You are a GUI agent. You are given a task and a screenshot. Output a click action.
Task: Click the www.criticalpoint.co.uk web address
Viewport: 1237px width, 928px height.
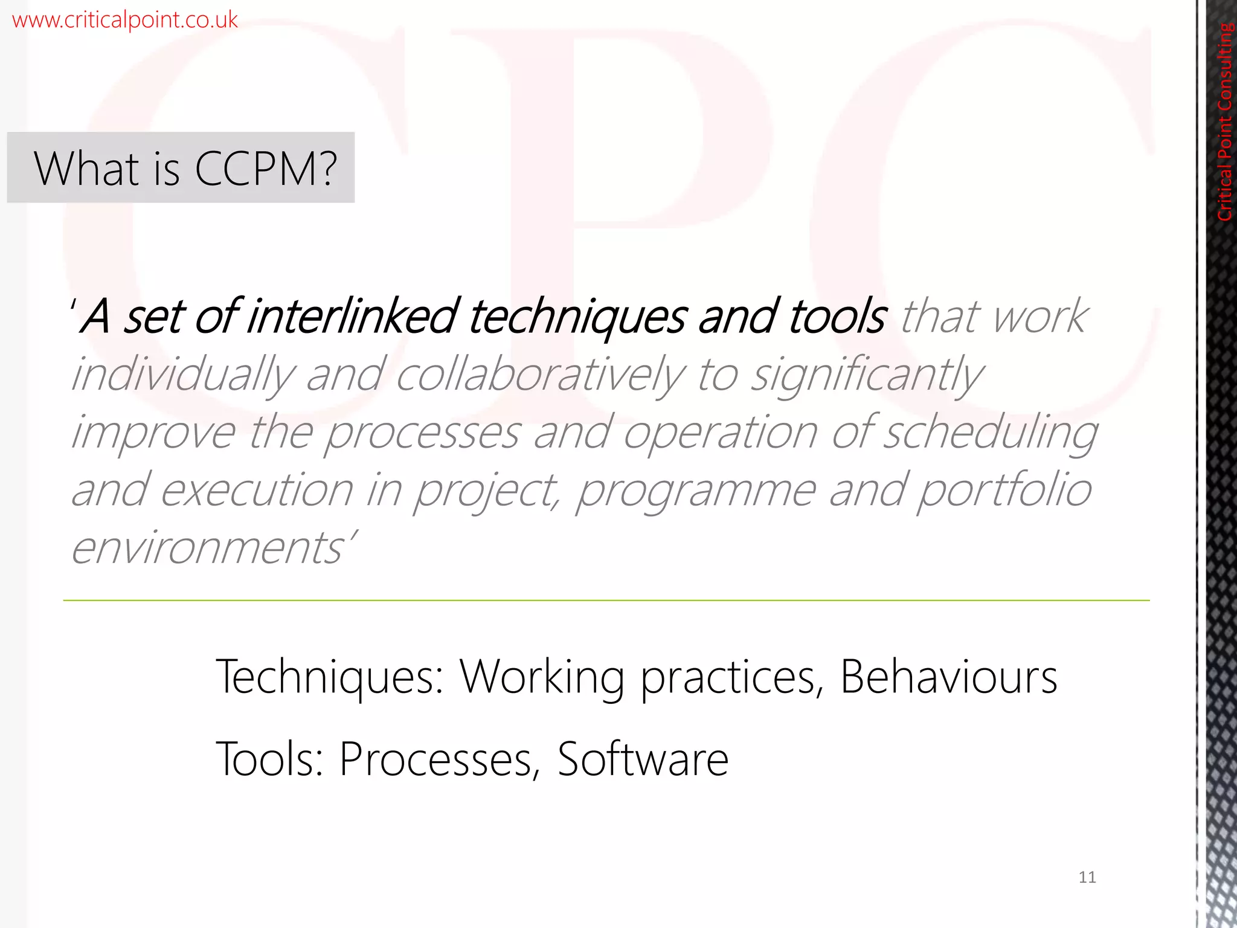(124, 20)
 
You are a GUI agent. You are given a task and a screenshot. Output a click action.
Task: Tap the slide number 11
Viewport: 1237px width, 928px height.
(1087, 877)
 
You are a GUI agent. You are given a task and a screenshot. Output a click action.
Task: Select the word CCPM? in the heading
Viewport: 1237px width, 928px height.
(265, 169)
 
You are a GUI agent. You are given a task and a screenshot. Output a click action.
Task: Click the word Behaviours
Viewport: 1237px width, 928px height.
(948, 677)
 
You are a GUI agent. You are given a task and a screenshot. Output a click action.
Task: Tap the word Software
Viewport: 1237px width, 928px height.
(643, 759)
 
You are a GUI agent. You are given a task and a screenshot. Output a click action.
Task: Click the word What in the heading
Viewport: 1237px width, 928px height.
(87, 169)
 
